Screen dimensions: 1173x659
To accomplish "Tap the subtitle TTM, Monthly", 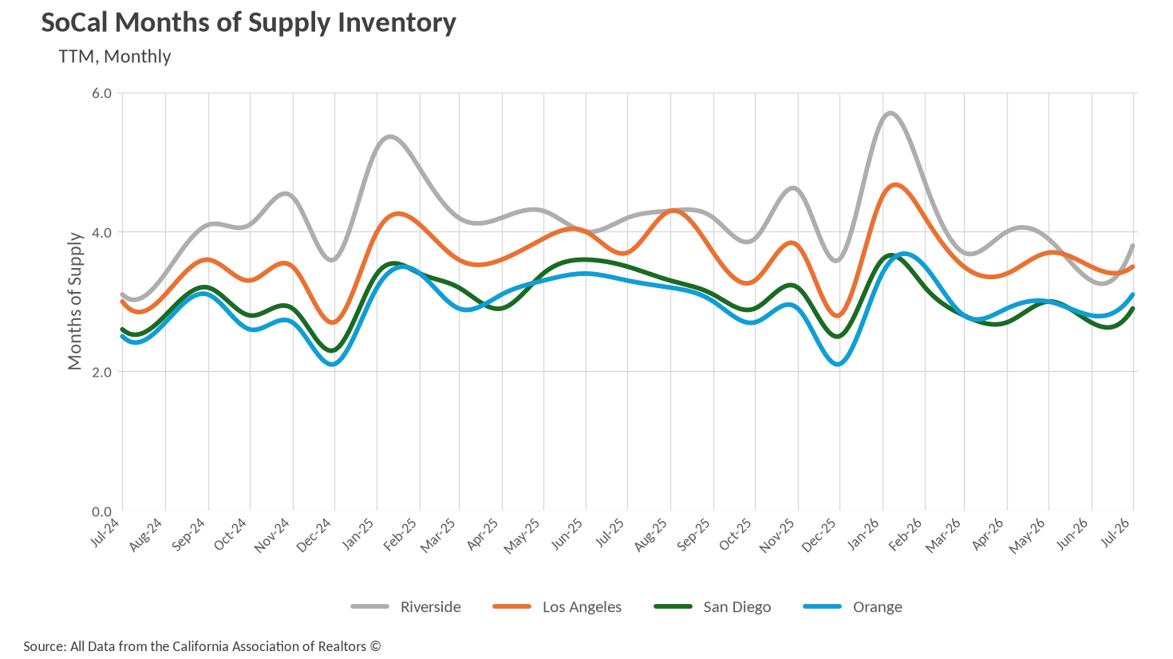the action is click(x=115, y=57).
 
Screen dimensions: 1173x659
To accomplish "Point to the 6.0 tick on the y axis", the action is click(x=102, y=93).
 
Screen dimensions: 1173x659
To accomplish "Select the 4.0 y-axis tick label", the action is click(x=102, y=232).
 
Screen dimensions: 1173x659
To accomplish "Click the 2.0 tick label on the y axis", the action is click(x=102, y=372).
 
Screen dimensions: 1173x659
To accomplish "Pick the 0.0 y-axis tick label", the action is click(x=102, y=511).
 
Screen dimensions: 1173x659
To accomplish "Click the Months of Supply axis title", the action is click(x=75, y=301).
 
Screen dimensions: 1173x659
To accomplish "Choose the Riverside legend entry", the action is click(x=406, y=607).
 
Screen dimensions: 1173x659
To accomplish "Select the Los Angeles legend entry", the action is click(x=557, y=607).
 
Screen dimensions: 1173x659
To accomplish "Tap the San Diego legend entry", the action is click(x=713, y=607).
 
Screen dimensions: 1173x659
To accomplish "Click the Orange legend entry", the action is click(x=852, y=607).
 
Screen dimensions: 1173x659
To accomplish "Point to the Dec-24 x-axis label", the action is click(x=314, y=535).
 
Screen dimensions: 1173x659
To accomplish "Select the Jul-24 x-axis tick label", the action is click(x=106, y=533).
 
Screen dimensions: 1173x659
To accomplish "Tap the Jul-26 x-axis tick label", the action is click(x=1117, y=533).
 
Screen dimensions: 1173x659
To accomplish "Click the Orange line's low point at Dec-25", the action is click(x=839, y=364).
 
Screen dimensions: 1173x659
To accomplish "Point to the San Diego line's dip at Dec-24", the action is click(x=332, y=351).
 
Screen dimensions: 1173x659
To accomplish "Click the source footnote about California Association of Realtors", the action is click(x=202, y=647).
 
